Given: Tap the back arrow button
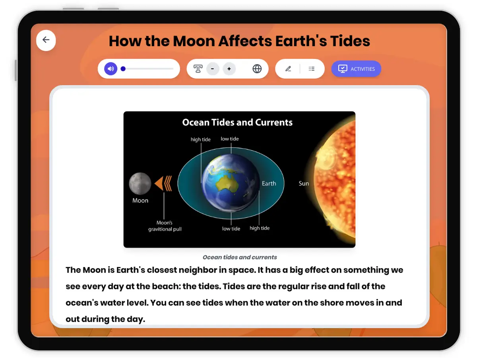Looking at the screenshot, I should (46, 40).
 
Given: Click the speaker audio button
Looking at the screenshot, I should (111, 69).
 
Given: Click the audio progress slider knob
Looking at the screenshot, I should (123, 69).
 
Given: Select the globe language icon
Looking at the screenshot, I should (257, 69).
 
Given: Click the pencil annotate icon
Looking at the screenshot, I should (288, 69).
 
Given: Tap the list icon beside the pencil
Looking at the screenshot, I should (312, 69).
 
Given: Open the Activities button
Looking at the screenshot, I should (356, 69).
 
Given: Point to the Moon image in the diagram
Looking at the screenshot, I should (140, 184).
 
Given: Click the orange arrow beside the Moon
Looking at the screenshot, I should (163, 184).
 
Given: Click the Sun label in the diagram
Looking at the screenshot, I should (304, 184).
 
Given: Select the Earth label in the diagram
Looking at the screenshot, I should (269, 184).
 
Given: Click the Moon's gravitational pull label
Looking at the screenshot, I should (165, 226).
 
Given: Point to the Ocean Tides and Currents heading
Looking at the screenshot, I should (237, 122).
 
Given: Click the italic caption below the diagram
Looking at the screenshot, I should (240, 257).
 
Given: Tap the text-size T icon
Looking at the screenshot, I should (198, 69).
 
